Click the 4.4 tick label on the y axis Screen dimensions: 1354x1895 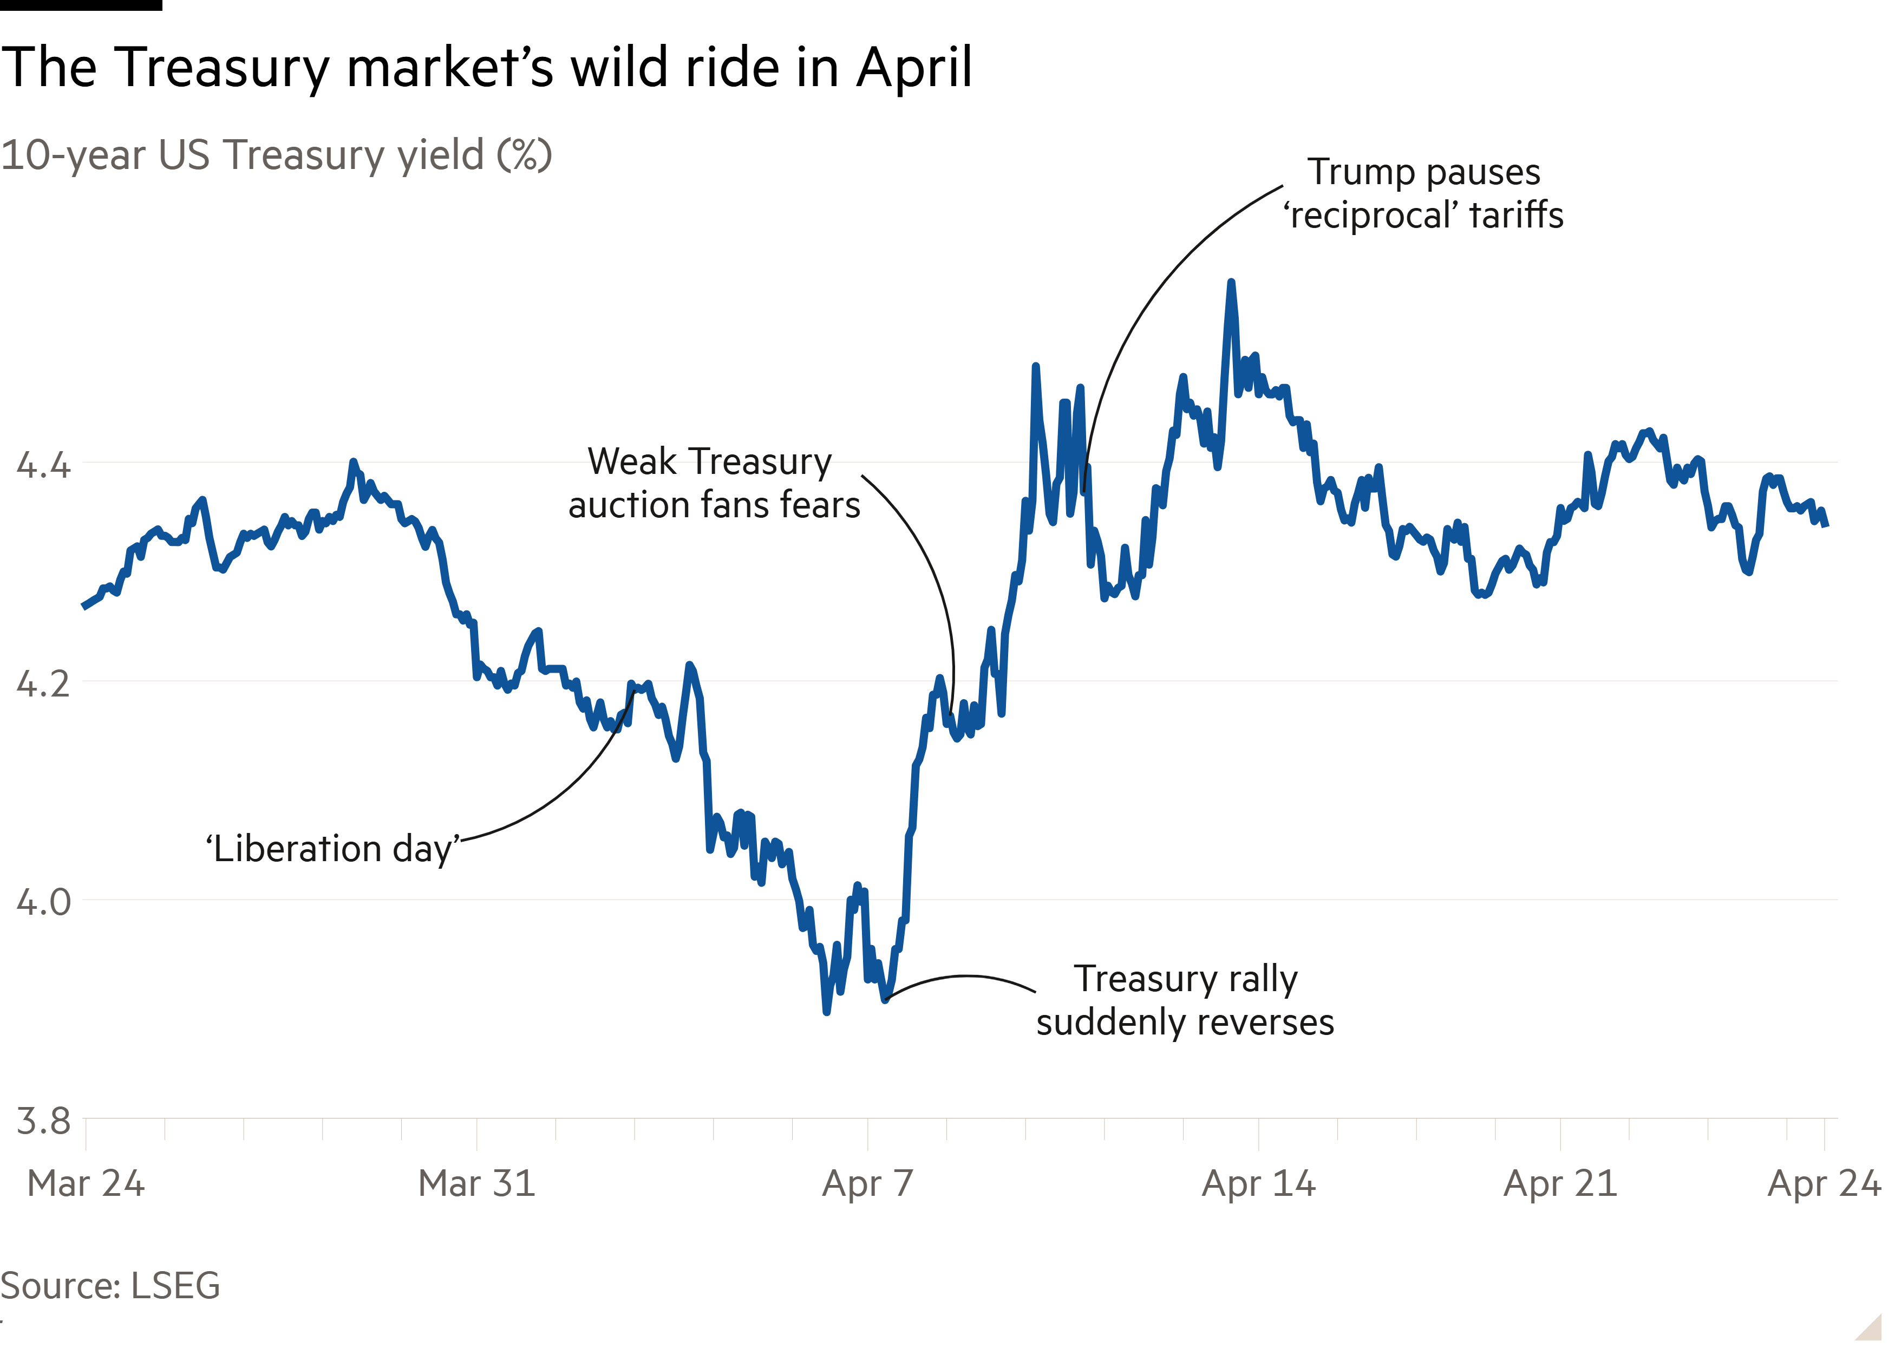click(43, 464)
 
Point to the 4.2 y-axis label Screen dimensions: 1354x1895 click(43, 683)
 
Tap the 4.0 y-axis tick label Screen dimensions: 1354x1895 click(43, 902)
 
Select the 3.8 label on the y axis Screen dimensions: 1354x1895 click(43, 1122)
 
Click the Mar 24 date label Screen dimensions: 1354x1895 click(86, 1183)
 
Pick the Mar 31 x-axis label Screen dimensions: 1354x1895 click(476, 1183)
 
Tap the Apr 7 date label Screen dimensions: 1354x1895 click(867, 1183)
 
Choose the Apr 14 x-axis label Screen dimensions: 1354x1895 click(1258, 1183)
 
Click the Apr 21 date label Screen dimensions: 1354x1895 click(1560, 1183)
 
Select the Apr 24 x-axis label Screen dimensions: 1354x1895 click(1824, 1183)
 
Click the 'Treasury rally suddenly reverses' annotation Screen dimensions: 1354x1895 click(1185, 1000)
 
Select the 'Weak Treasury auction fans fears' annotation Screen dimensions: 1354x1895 click(714, 484)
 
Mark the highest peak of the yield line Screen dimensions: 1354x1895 click(1231, 283)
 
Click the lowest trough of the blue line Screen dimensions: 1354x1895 click(826, 1011)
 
